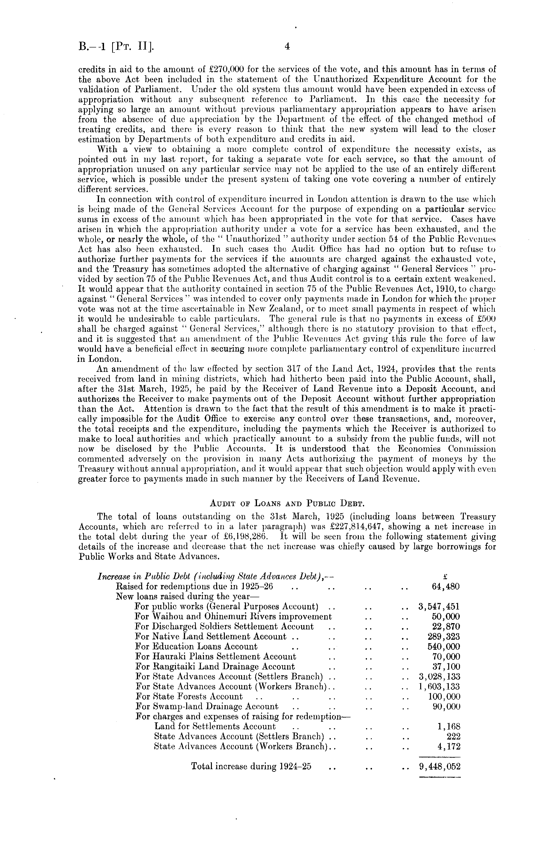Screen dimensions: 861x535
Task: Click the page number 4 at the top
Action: coord(287,46)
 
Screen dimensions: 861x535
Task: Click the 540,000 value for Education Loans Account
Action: coord(444,647)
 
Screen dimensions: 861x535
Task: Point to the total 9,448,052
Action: coord(439,767)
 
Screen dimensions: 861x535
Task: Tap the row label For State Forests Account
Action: coord(189,697)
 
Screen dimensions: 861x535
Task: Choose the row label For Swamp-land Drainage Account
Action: coord(207,706)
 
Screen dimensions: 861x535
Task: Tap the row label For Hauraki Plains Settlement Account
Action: coord(215,656)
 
